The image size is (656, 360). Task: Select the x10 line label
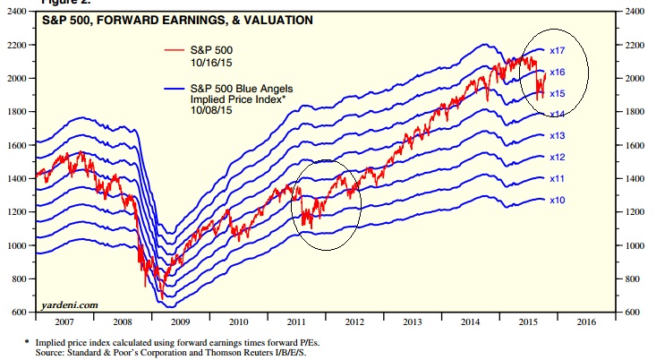(x=556, y=199)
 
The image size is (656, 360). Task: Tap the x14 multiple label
(x=556, y=114)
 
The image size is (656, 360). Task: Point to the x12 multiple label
(x=556, y=158)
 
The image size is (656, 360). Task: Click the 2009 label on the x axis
(x=180, y=321)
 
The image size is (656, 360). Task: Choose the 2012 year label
(x=354, y=321)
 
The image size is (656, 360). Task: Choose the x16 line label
(x=556, y=72)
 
